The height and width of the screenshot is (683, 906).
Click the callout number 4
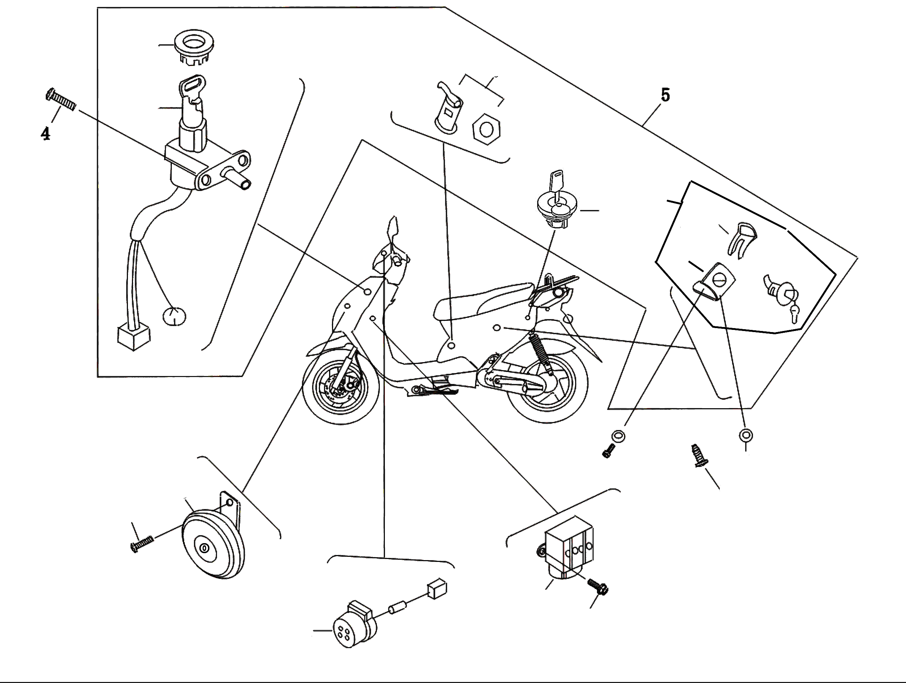[45, 133]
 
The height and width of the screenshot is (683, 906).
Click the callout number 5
[665, 95]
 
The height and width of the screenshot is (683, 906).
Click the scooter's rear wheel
[547, 385]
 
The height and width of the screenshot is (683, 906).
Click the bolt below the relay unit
[598, 587]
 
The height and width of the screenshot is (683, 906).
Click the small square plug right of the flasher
[437, 588]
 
